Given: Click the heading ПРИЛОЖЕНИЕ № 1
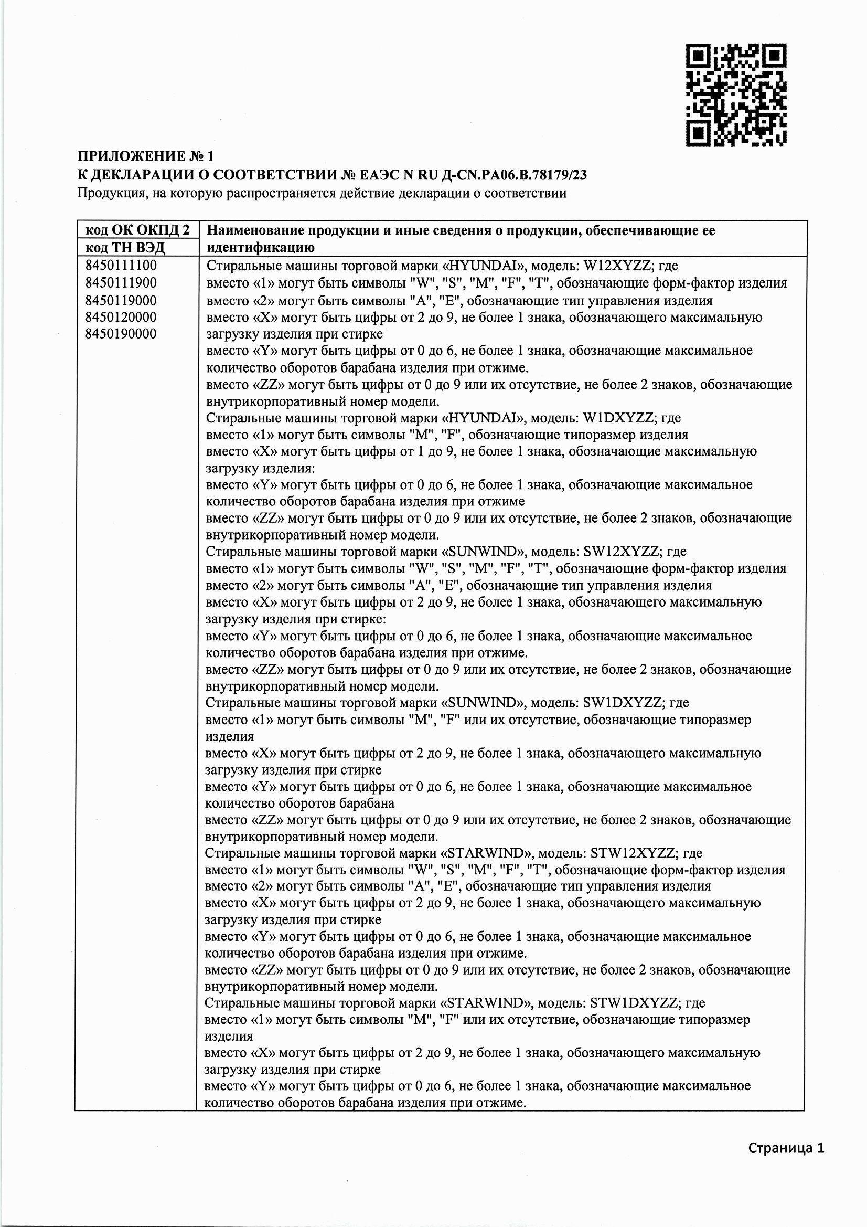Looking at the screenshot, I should click(145, 156).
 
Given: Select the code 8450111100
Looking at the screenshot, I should click(121, 266).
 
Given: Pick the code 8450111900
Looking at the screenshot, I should click(121, 283).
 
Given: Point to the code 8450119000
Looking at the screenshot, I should click(121, 300).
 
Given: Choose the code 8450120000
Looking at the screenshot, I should click(121, 318).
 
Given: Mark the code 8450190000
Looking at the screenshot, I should click(121, 334).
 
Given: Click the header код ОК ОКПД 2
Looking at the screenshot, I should click(137, 230).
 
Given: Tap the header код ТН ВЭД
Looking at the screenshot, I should click(125, 247).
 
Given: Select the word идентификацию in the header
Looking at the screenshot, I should click(260, 247).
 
